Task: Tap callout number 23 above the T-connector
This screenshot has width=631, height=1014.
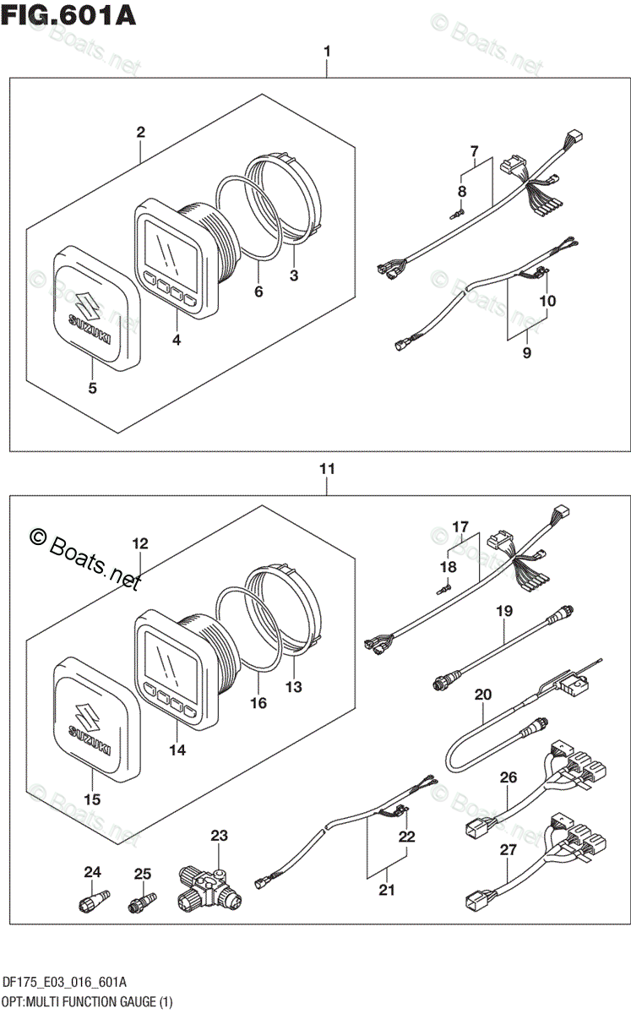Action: [x=219, y=835]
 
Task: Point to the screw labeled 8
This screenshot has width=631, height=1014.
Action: [x=457, y=213]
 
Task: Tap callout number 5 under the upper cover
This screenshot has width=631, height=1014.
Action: [x=92, y=388]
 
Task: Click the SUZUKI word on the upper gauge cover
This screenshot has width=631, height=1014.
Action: [x=90, y=329]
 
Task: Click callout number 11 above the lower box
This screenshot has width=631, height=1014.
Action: [x=327, y=468]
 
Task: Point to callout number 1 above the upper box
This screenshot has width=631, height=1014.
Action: [x=327, y=52]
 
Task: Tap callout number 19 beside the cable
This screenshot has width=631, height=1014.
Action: [x=504, y=611]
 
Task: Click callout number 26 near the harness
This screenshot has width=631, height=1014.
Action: [x=509, y=777]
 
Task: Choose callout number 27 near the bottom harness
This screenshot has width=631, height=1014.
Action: [x=509, y=850]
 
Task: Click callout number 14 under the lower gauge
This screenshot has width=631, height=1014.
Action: [x=177, y=750]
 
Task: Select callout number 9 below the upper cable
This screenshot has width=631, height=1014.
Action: [x=527, y=352]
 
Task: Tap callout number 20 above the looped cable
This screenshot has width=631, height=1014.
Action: [x=483, y=694]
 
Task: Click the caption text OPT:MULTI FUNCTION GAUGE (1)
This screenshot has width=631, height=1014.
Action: [x=87, y=1002]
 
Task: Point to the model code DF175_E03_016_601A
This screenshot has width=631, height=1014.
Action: [x=65, y=982]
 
